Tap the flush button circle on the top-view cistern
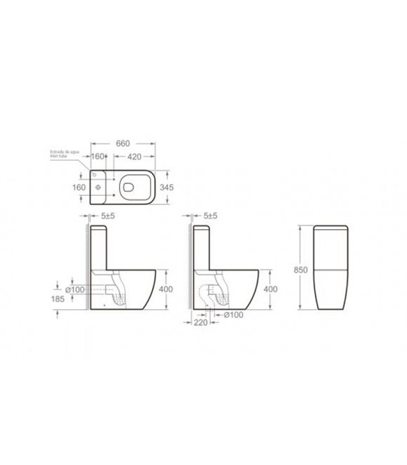click(97, 187)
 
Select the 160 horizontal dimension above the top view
click(99, 156)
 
